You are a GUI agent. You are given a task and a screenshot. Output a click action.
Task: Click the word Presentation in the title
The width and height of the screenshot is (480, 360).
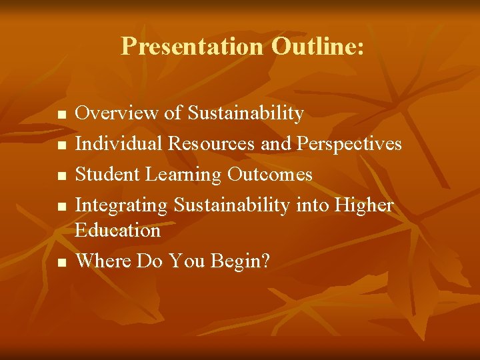coord(192,46)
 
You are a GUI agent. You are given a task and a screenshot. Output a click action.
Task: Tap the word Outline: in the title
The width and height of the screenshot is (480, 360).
coord(317,45)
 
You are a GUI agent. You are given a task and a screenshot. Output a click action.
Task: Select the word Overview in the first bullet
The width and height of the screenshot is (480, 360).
coord(116,113)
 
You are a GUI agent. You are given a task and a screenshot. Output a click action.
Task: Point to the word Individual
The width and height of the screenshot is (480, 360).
coord(119,143)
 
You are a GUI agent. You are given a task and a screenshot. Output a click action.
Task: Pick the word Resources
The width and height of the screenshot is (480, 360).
coord(211,143)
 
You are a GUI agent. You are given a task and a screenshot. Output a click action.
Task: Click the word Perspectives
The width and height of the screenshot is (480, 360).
coord(349,144)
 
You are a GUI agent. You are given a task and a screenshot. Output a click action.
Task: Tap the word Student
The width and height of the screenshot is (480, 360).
coord(107,174)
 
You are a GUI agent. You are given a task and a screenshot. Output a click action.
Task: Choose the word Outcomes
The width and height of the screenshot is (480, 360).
coord(270,174)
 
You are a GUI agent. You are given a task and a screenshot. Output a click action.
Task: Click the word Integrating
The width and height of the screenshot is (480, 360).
coord(121,205)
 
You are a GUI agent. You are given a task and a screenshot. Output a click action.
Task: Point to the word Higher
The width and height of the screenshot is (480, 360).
coord(363,205)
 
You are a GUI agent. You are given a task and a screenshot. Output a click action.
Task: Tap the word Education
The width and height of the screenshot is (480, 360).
coord(117,230)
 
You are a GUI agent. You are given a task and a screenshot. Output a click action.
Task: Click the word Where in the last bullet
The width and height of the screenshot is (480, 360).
coord(103,261)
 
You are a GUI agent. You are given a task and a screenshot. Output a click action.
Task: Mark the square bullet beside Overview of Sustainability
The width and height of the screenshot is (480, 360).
coord(62,115)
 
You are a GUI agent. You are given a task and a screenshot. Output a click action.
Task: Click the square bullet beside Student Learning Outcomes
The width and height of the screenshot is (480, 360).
coord(62,176)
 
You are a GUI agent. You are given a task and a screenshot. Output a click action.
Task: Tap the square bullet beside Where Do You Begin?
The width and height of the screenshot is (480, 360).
coord(62,263)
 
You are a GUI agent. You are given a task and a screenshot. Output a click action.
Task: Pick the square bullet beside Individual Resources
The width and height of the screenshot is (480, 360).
coord(62,145)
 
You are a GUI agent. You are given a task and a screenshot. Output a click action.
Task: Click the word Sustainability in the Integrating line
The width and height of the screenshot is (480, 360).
coord(232,205)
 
